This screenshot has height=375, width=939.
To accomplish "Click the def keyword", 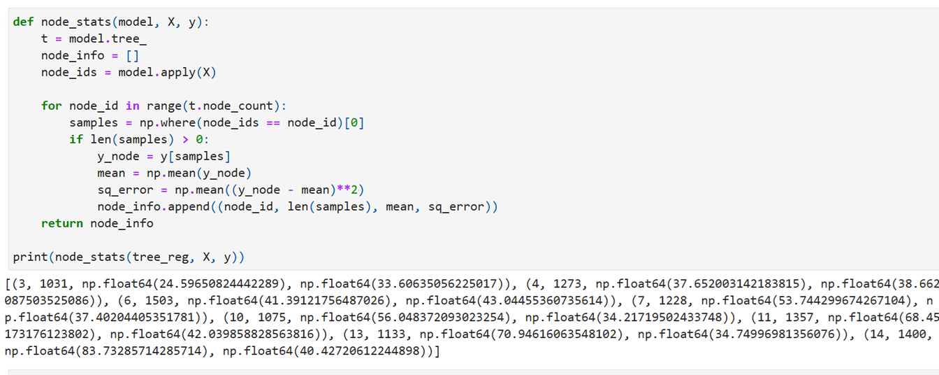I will (22, 22).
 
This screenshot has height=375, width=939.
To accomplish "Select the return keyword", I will (62, 223).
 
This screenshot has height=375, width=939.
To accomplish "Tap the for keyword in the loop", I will (51, 106).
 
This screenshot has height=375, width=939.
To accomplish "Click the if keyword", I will (75, 139).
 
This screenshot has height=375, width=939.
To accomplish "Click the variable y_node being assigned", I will (118, 156).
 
